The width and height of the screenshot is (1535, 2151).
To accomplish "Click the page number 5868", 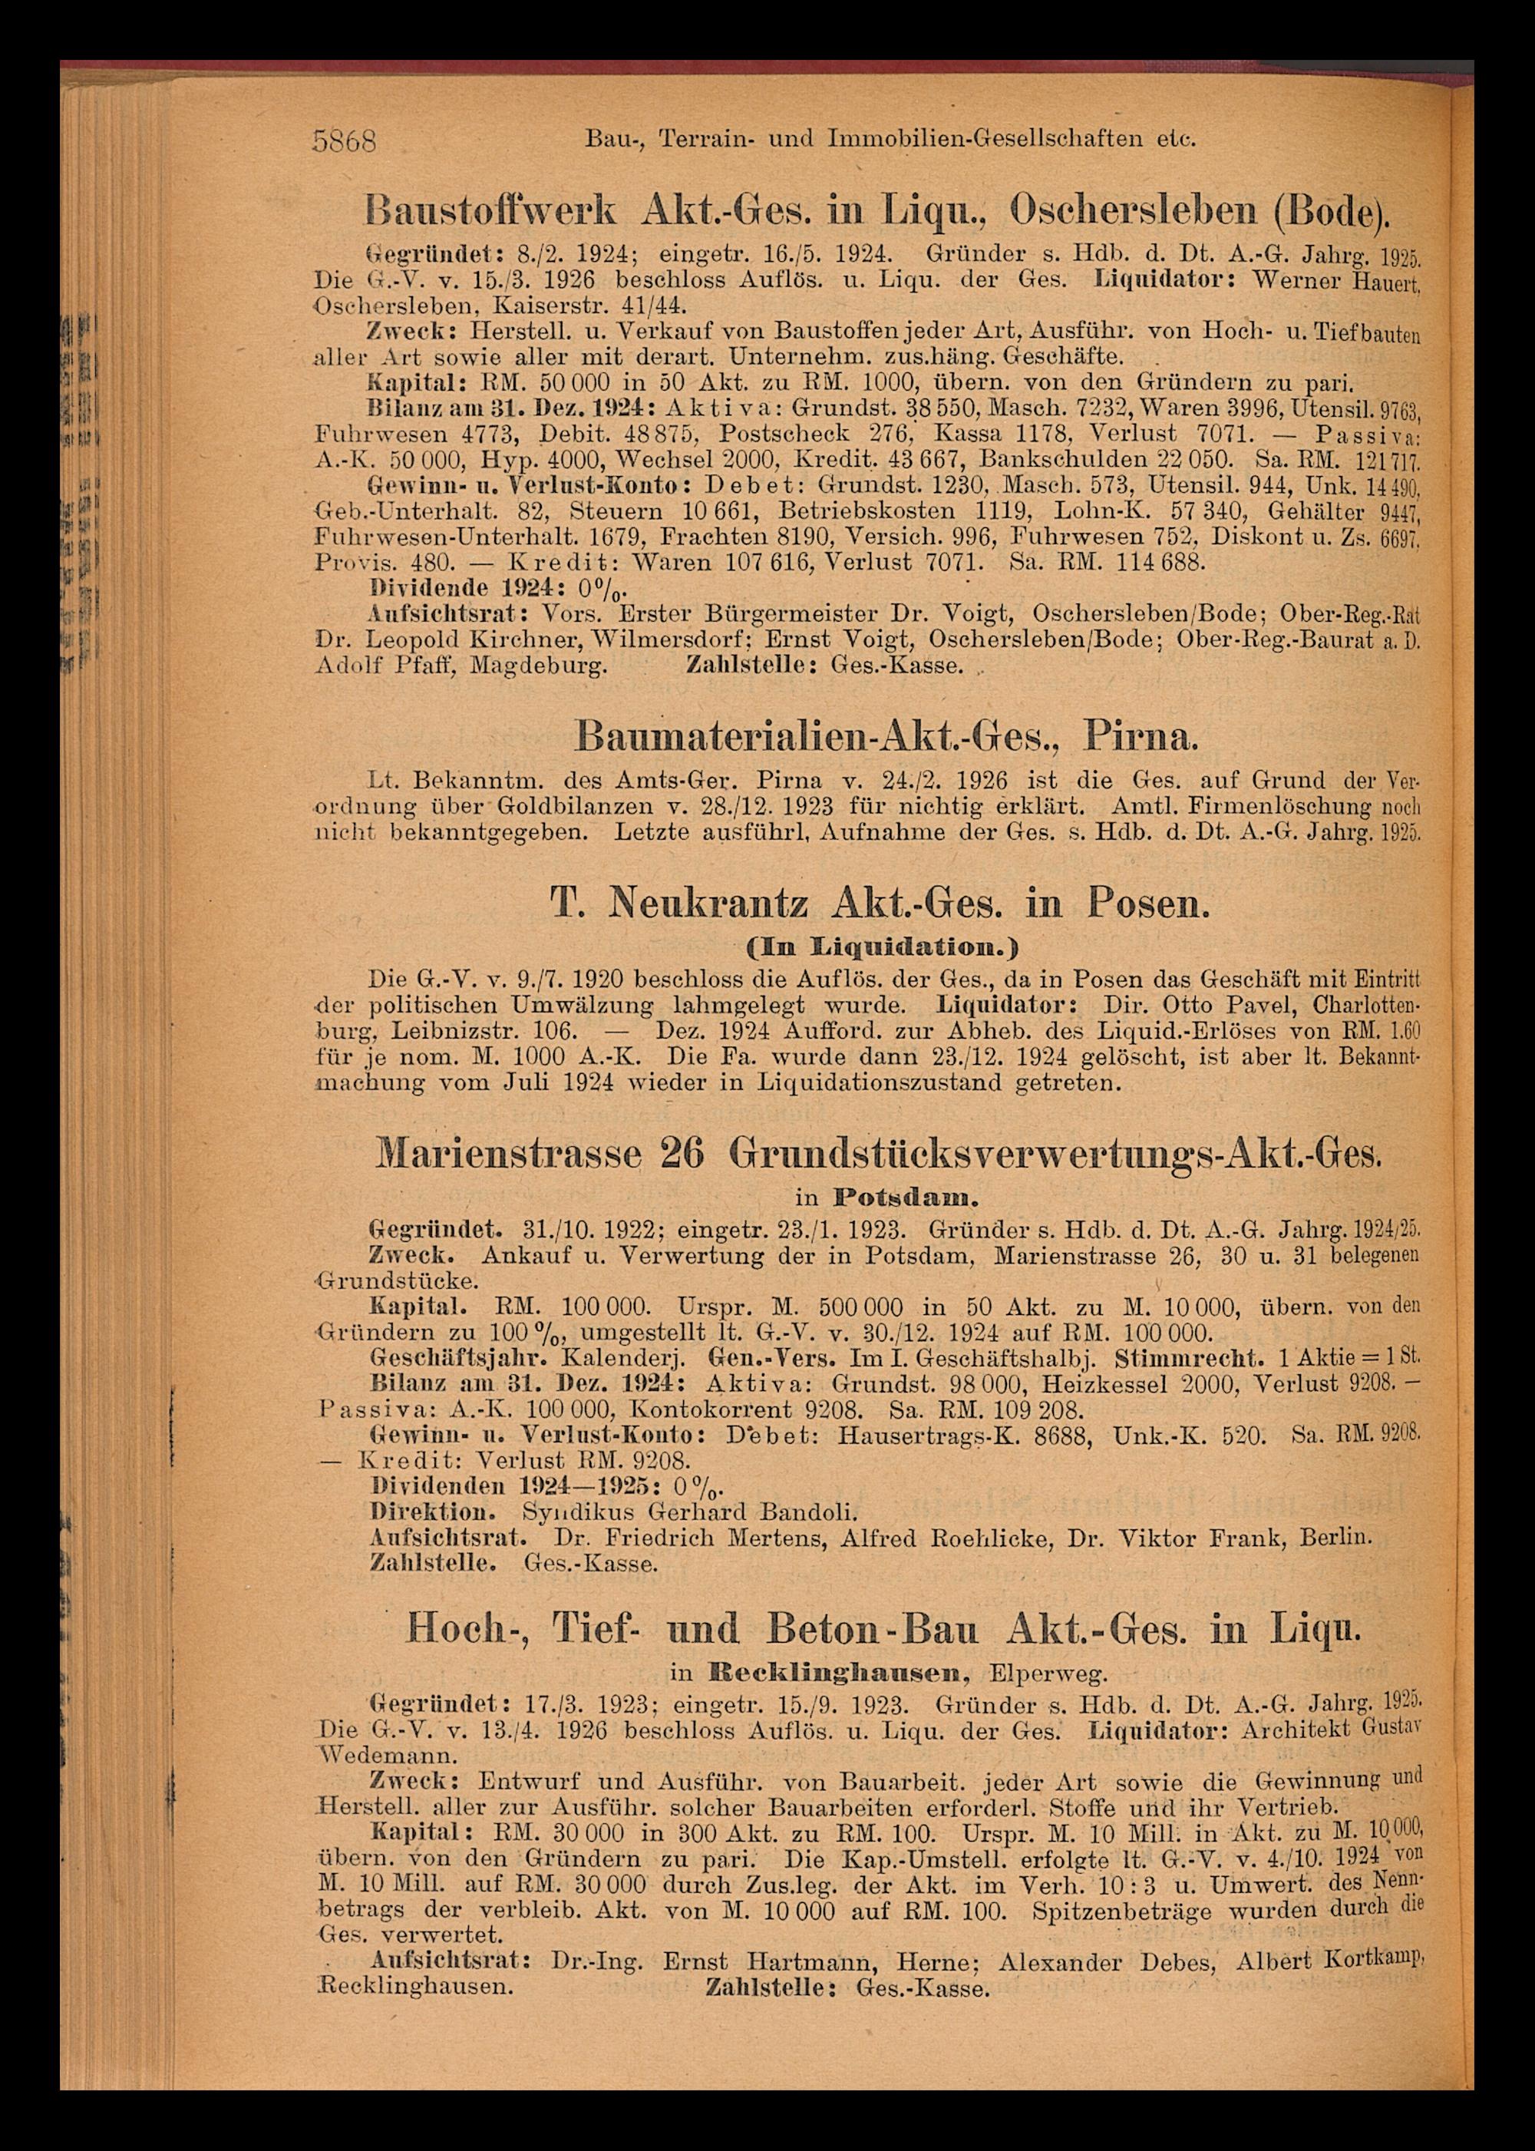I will click(345, 141).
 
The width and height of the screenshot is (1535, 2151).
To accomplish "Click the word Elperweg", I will click(1035, 1674).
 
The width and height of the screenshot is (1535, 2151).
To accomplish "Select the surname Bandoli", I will click(799, 1510).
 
